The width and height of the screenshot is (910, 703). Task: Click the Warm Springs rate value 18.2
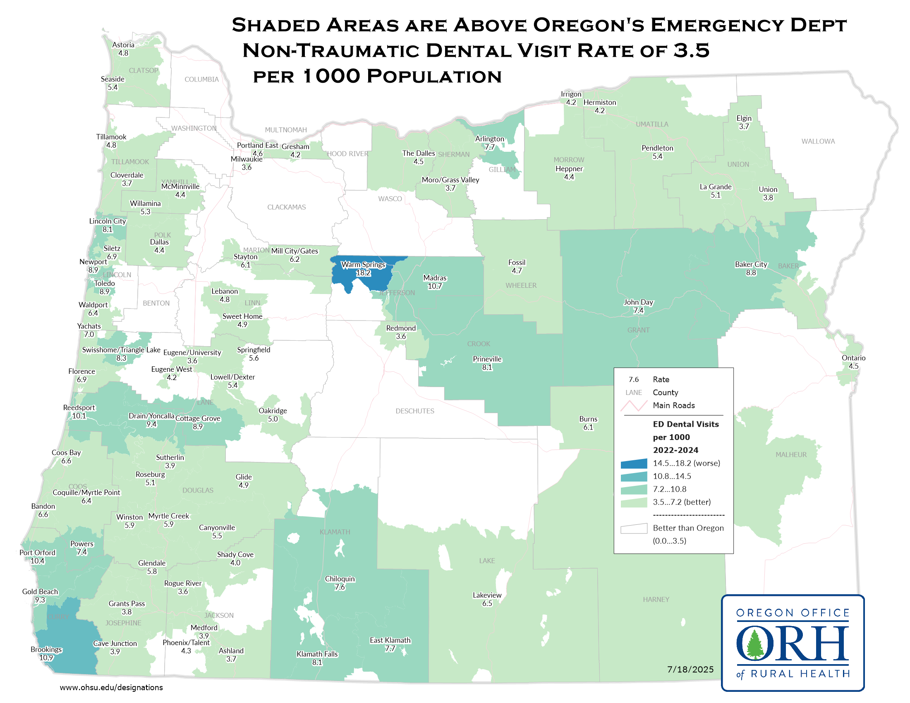pos(363,273)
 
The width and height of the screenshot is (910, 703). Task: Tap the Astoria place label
pos(123,45)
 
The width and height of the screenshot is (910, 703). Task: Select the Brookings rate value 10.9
pos(46,658)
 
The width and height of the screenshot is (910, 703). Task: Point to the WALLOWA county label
pos(818,141)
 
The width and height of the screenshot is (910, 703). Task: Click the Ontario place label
pos(853,358)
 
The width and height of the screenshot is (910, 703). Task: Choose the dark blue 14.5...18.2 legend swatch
pos(634,464)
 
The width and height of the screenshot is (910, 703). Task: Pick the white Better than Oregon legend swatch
pos(634,528)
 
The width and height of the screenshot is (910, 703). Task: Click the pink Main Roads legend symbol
pos(634,406)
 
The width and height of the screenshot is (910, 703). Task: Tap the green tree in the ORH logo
pos(754,644)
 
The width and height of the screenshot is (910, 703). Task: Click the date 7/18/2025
pos(690,670)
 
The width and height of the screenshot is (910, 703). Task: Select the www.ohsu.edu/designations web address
pos(111,688)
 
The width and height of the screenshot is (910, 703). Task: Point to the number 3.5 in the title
pos(691,51)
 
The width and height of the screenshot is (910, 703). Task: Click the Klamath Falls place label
pos(317,654)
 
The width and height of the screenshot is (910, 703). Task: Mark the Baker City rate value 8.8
pos(751,273)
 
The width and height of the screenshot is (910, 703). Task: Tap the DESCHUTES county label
pos(414,411)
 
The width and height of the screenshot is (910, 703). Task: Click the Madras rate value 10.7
pos(435,286)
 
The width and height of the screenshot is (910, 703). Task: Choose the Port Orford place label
pos(38,552)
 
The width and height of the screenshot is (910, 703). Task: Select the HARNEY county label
pos(656,600)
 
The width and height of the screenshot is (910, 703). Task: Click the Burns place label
pos(588,419)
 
